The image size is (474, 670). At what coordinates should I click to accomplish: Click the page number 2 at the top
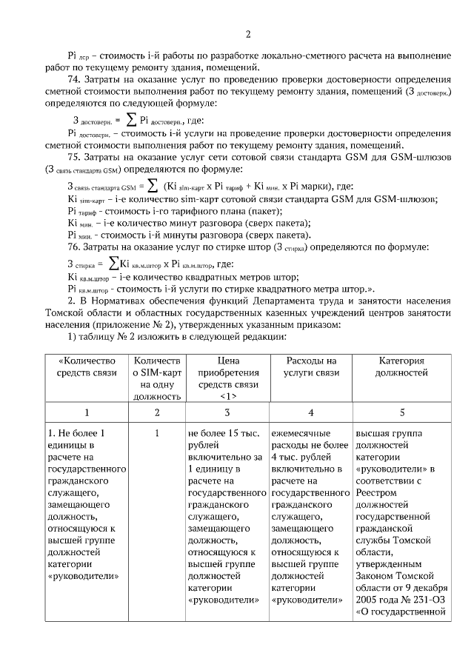coord(248,34)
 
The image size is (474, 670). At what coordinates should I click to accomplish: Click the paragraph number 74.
coord(73,79)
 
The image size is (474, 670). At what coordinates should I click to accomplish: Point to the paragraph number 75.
coord(73,157)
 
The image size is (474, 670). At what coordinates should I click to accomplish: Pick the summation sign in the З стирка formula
coord(113,263)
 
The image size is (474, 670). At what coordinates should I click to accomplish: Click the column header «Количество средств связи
coord(87,366)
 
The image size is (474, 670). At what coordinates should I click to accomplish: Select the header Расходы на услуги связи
coord(311,366)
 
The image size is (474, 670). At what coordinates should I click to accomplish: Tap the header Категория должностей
coord(402,366)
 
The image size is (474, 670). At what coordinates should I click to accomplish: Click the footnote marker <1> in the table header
coord(228,396)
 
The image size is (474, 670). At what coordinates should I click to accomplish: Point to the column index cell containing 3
coord(228,412)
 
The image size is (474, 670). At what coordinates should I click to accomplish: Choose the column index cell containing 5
coord(402,412)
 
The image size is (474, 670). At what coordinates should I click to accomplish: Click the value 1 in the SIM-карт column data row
coord(157,433)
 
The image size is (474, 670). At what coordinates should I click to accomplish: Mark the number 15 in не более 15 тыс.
coord(237,433)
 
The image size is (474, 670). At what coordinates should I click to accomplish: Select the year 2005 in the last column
coord(369,599)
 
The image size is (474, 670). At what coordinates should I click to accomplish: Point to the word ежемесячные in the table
coord(300,433)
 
